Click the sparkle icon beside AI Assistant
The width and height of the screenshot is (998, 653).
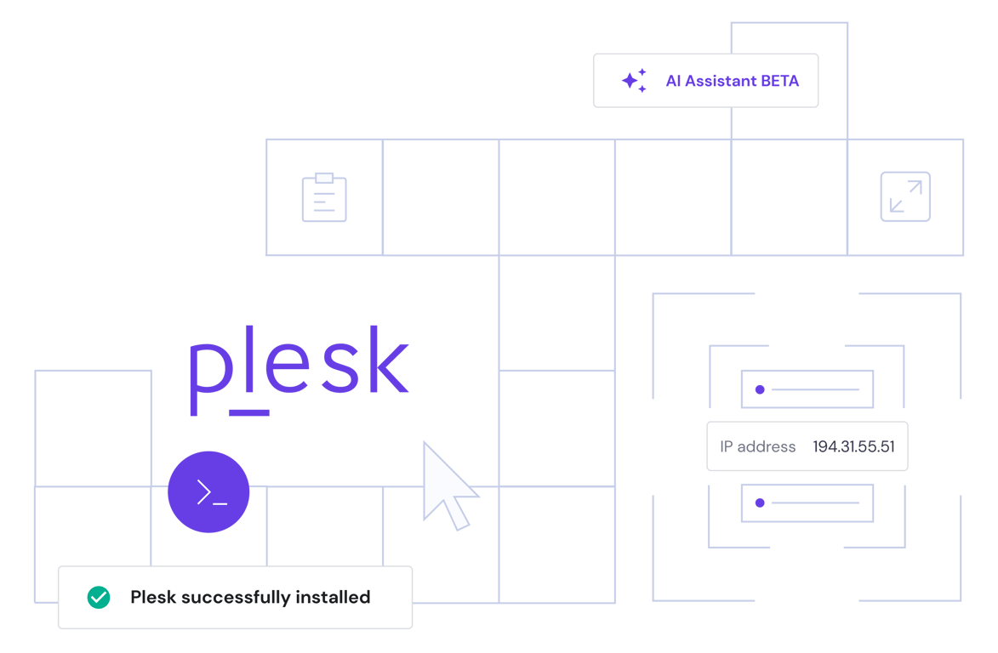633,81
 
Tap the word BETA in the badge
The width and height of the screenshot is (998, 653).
779,82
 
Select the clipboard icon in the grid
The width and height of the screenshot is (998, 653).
324,199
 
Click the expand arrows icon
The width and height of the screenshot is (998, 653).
904,197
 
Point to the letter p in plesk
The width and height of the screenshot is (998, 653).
208,374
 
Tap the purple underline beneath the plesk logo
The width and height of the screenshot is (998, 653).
250,412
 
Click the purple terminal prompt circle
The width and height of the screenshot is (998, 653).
209,492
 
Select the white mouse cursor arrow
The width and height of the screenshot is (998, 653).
446,484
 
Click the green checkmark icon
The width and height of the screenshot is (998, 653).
99,598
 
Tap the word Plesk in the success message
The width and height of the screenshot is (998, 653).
153,598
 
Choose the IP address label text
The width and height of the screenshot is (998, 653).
757,446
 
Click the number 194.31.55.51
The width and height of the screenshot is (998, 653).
853,446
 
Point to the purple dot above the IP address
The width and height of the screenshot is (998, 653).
760,389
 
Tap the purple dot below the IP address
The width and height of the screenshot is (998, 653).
760,503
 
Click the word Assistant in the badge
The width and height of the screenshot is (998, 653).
721,82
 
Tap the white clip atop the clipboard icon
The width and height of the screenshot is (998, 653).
324,179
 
